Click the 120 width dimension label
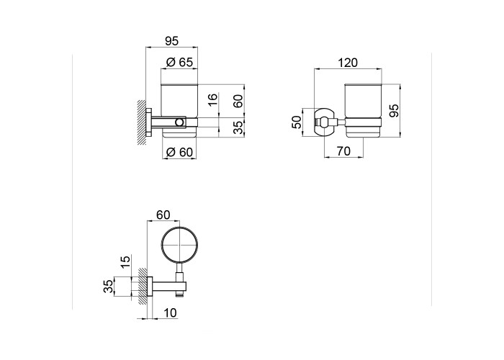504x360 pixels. tap(348, 63)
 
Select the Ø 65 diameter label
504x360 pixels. tap(179, 62)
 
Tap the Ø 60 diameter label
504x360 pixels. tap(179, 152)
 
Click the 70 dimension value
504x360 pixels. tap(343, 150)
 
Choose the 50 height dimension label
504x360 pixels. tap(297, 122)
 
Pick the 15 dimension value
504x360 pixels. tap(126, 262)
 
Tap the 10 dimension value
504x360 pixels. tap(170, 312)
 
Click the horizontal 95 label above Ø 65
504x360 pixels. tap(171, 41)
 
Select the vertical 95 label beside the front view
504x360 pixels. tap(393, 110)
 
